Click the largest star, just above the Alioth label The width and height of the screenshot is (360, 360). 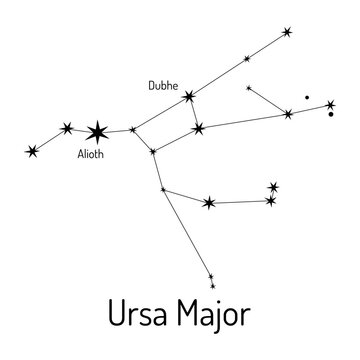[97, 131]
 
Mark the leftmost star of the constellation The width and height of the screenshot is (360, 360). [32, 151]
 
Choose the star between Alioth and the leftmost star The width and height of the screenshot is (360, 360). [67, 127]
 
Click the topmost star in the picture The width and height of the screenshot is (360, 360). [288, 33]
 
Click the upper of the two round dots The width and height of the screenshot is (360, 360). [307, 97]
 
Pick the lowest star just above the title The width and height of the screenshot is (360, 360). [210, 281]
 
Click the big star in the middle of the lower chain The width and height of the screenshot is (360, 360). [209, 203]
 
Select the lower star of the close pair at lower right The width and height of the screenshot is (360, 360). [270, 201]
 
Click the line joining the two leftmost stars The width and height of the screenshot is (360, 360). [49, 139]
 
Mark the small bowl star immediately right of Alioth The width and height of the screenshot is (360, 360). [133, 128]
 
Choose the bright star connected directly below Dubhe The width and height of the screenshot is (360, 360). [199, 128]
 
